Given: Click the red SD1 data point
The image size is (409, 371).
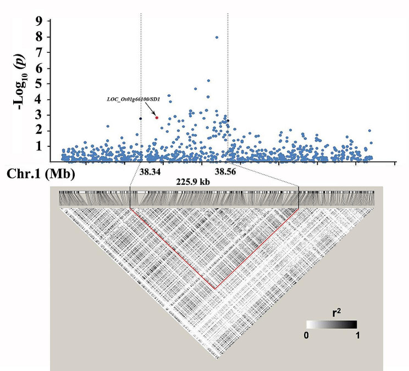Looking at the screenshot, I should [x=157, y=117].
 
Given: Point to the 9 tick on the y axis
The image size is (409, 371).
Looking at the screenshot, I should [x=38, y=21].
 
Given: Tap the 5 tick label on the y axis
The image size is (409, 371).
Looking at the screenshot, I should [x=38, y=84].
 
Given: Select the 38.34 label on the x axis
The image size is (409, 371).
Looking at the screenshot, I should [x=150, y=172].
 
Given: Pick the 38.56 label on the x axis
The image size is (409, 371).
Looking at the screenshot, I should [x=226, y=172].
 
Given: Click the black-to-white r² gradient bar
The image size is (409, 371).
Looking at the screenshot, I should [x=331, y=324].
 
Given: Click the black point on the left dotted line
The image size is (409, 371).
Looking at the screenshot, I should [x=141, y=118].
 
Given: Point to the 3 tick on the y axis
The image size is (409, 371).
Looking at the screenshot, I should [x=38, y=115].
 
